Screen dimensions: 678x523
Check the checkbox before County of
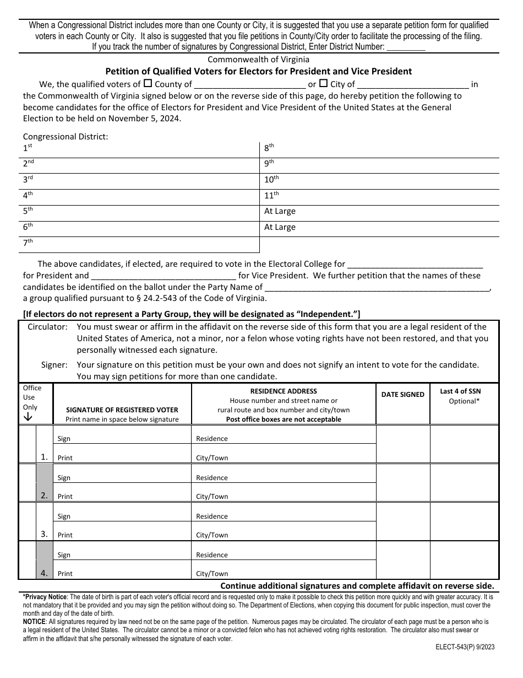pyautogui.click(x=148, y=84)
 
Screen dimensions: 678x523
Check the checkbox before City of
pyautogui.click(x=324, y=84)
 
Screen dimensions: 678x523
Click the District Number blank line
pyautogui.click(x=406, y=48)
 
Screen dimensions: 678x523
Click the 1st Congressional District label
pyautogui.click(x=28, y=148)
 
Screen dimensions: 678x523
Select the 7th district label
pyautogui.click(x=28, y=243)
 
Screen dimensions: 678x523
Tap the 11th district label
pyautogui.click(x=271, y=195)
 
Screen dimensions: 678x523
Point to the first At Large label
pyautogui.click(x=280, y=211)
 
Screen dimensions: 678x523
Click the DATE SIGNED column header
pyautogui.click(x=402, y=395)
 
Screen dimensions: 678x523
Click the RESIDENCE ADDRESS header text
pyautogui.click(x=284, y=391)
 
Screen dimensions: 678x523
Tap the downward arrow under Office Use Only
pyautogui.click(x=28, y=417)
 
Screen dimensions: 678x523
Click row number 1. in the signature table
pyautogui.click(x=45, y=456)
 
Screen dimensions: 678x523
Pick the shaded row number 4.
pyautogui.click(x=45, y=573)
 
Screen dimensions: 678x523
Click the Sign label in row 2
pyautogui.click(x=64, y=478)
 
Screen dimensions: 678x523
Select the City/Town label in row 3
pyautogui.click(x=212, y=535)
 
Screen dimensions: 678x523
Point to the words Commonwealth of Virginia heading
pyautogui.click(x=258, y=59)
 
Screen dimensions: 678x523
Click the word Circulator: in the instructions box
pyautogui.click(x=48, y=327)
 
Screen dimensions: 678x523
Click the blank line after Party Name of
pyautogui.click(x=377, y=287)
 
